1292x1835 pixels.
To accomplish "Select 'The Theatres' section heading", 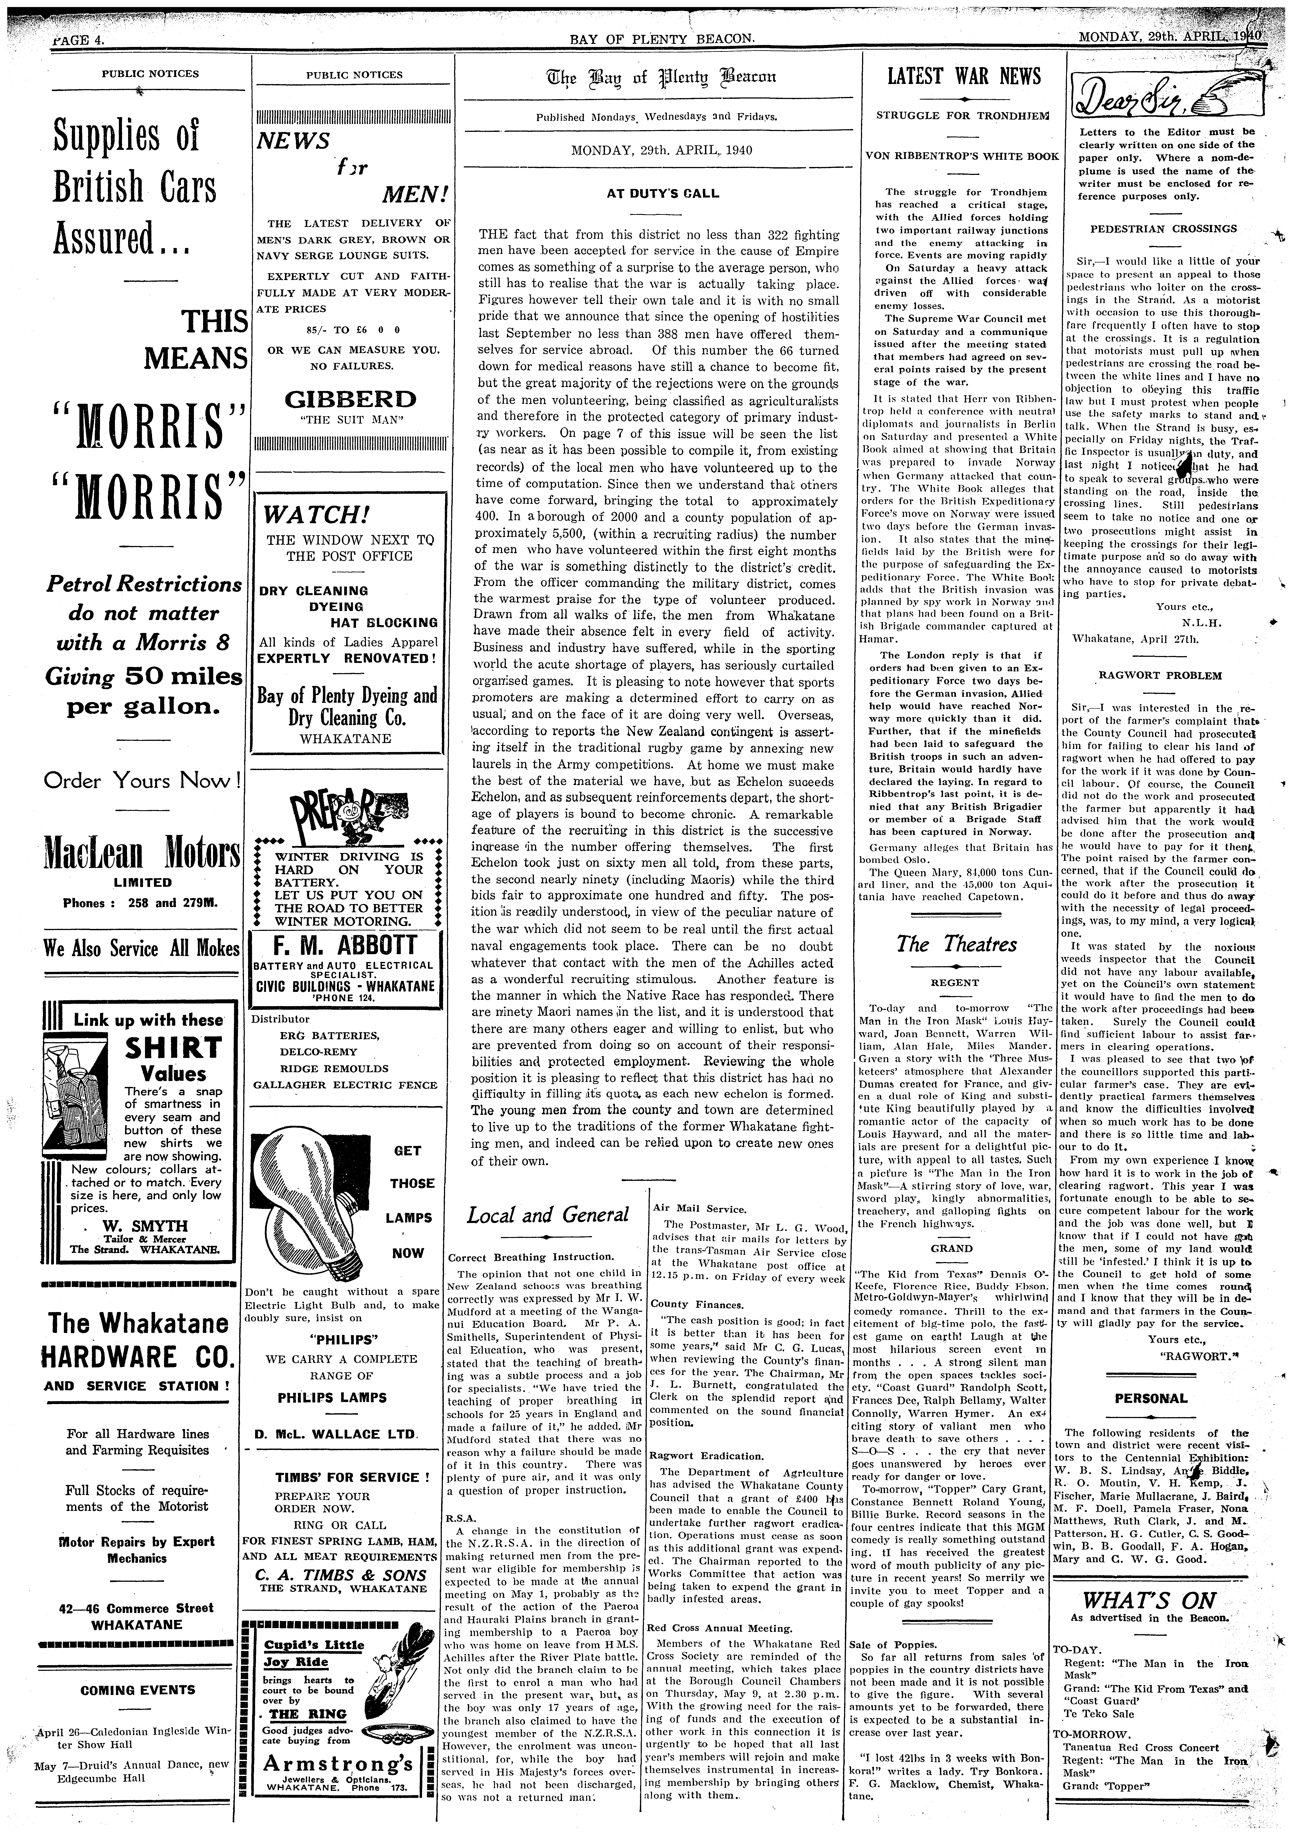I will (x=956, y=944).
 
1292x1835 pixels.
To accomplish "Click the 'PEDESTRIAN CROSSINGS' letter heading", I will (x=1151, y=229).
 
